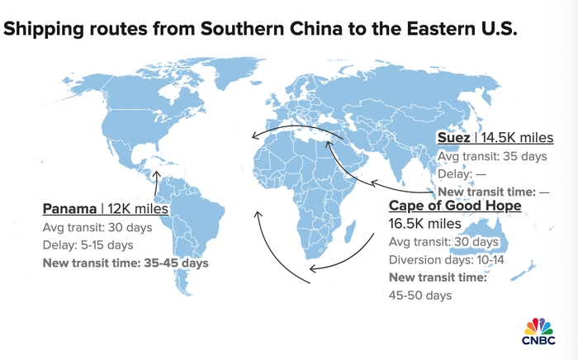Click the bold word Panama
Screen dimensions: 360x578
[x=69, y=209]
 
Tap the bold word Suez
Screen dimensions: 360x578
[x=453, y=137]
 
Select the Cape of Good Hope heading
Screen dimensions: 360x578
[x=455, y=205]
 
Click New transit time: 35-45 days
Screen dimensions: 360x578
[x=126, y=263]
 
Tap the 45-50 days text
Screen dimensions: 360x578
[x=420, y=295]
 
